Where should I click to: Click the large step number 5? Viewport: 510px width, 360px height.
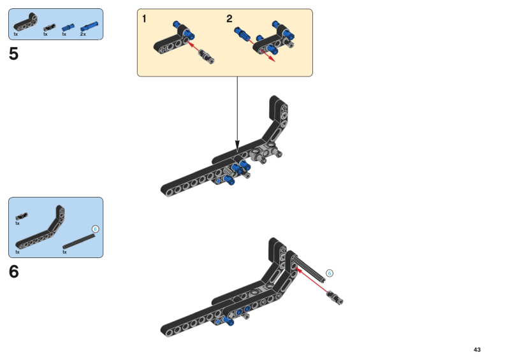click(13, 54)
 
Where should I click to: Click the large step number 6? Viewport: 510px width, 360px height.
click(13, 271)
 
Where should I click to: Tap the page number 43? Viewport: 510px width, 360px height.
click(477, 350)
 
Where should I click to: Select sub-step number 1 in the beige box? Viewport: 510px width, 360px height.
click(144, 19)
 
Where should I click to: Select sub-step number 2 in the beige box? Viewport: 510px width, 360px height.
click(229, 19)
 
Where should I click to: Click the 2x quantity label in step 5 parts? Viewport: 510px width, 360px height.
click(83, 34)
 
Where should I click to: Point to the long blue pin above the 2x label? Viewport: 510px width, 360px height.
click(89, 26)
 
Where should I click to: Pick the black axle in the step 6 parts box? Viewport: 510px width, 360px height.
click(79, 241)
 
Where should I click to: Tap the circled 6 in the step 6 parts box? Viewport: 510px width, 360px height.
click(95, 229)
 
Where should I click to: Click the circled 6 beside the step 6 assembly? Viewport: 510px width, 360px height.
click(329, 273)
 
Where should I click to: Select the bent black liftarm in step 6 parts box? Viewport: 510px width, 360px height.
click(40, 227)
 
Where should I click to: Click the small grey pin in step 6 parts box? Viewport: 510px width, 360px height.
click(22, 216)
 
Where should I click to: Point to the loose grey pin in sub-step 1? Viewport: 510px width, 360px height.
click(207, 56)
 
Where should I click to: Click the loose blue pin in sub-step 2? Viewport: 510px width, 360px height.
click(242, 32)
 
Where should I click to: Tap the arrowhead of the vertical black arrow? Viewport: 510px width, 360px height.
click(237, 147)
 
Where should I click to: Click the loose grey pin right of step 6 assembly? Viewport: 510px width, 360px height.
click(335, 297)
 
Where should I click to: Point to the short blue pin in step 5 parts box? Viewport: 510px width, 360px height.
click(68, 27)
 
